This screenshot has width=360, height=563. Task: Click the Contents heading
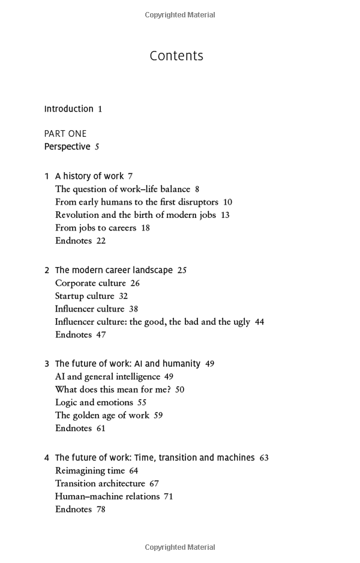click(x=176, y=56)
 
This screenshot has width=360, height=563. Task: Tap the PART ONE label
click(x=65, y=134)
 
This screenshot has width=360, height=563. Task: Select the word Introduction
click(x=69, y=109)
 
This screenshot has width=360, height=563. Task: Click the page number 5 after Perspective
click(x=97, y=147)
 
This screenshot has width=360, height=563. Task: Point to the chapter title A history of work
click(x=89, y=176)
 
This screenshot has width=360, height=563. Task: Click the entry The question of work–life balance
click(x=122, y=189)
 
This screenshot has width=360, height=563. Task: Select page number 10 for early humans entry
click(x=227, y=202)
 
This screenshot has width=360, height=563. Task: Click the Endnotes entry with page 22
click(x=73, y=241)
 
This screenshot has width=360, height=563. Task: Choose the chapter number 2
click(x=47, y=271)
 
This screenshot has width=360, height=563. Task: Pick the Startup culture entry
click(x=85, y=296)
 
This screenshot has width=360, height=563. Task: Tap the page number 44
click(x=259, y=322)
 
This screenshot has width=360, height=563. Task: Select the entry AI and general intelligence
click(x=107, y=377)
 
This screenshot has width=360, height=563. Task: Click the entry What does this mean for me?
click(x=113, y=390)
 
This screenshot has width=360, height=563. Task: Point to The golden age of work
click(x=102, y=415)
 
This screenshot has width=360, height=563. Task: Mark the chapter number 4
click(x=47, y=458)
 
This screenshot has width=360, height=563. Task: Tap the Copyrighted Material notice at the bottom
click(x=180, y=547)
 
